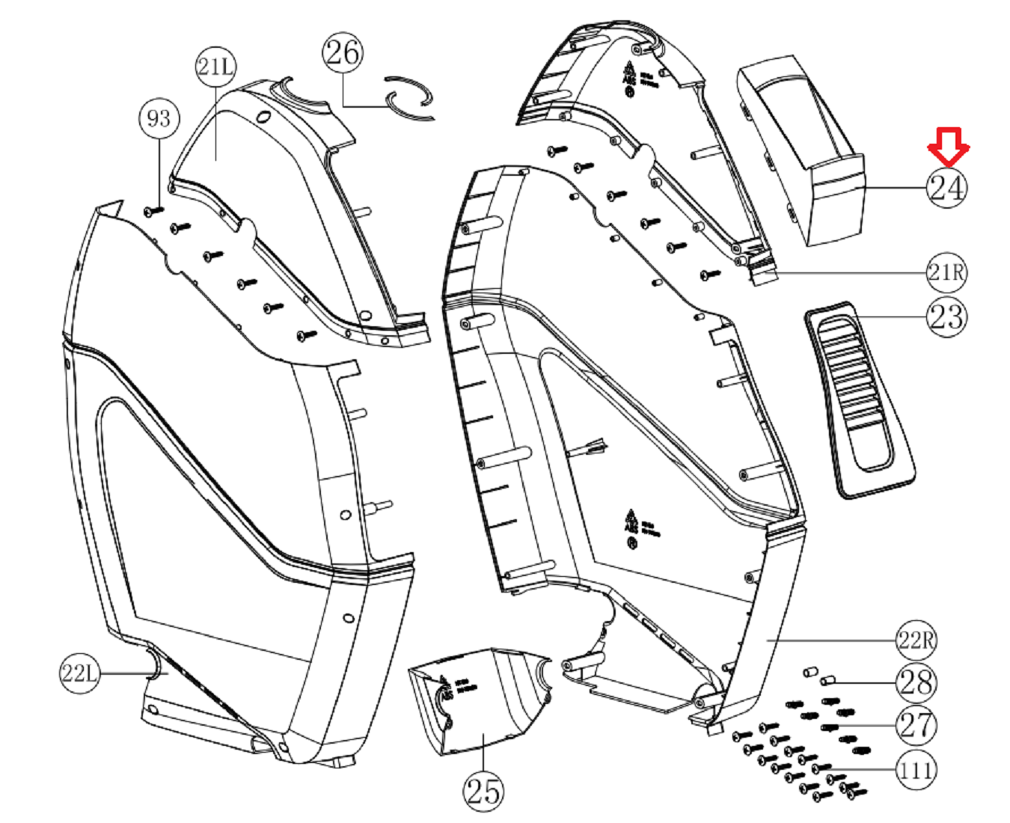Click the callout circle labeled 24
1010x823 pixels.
tap(946, 188)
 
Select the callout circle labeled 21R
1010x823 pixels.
tap(946, 272)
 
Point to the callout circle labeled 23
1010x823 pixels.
tap(946, 316)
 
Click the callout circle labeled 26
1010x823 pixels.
tap(343, 52)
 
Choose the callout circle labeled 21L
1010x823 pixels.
tap(215, 67)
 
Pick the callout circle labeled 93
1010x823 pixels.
tap(159, 118)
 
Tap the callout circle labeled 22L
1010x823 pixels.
tap(79, 673)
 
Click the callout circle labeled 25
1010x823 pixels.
tap(483, 790)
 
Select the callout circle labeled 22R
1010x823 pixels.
tap(916, 640)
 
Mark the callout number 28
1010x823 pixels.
tap(916, 682)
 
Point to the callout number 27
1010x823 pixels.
tap(916, 725)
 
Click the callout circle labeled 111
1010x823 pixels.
tap(916, 770)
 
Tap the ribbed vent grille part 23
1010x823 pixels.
tap(859, 400)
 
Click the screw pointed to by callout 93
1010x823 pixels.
tap(154, 212)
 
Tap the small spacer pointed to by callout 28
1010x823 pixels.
tap(828, 680)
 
